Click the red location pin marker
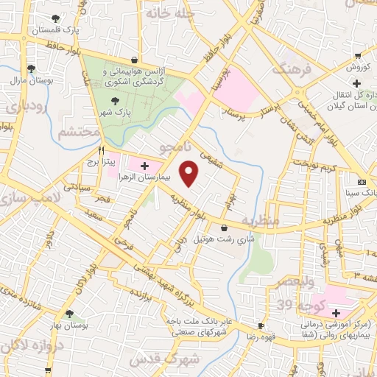tap(190, 174)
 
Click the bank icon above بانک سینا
tap(361, 182)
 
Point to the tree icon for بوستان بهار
tap(69, 314)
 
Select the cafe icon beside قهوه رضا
tap(261, 325)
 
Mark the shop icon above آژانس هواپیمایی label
tap(134, 60)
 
